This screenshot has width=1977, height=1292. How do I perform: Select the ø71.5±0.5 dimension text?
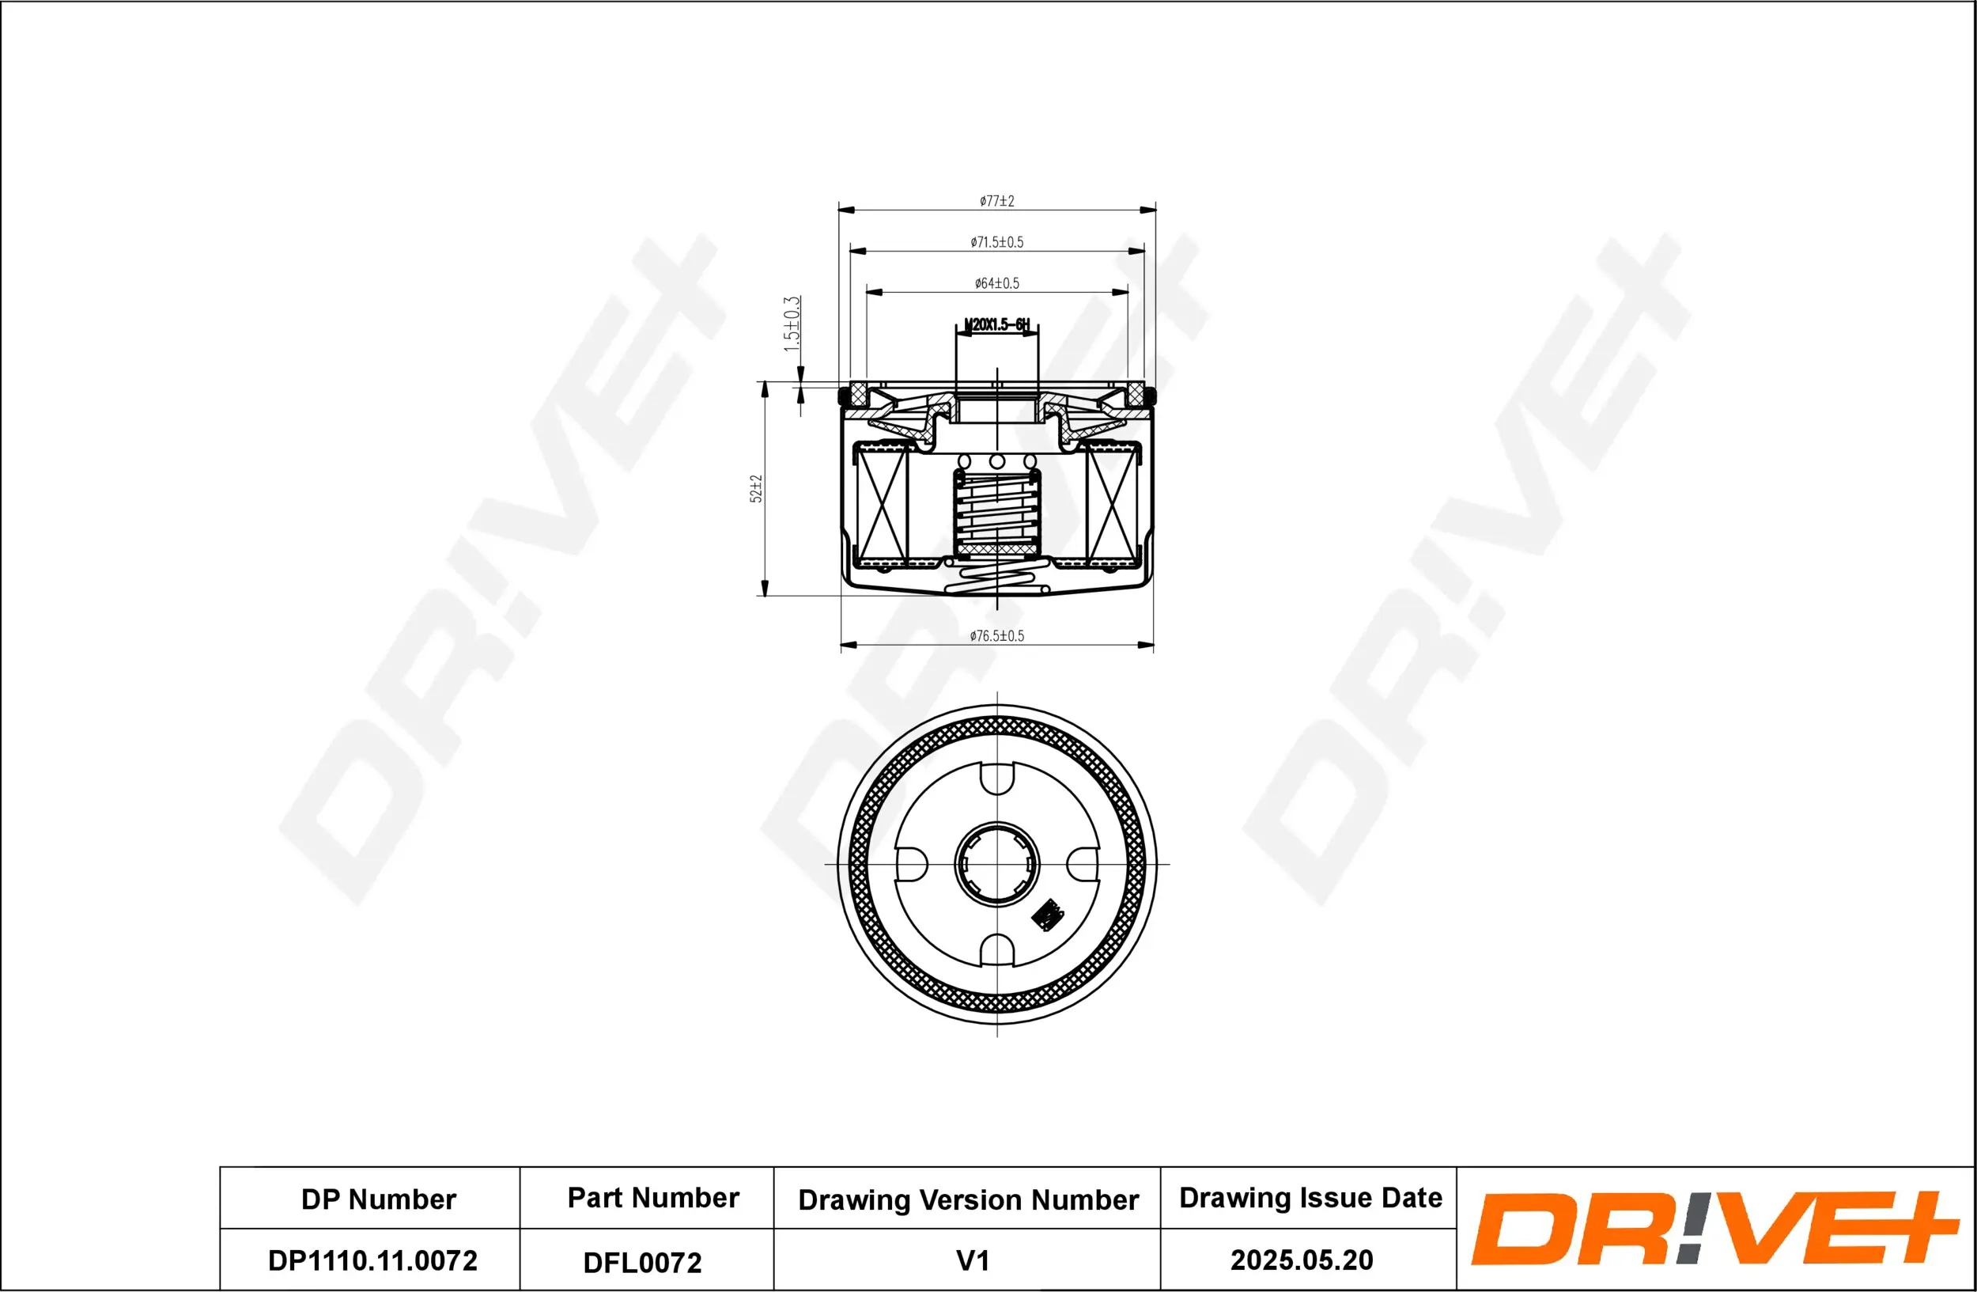(x=997, y=243)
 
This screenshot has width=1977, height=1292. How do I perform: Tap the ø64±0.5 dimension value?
(x=997, y=283)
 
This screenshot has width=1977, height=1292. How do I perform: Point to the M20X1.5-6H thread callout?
(x=997, y=325)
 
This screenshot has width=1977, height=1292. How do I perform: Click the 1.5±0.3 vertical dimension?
(x=792, y=324)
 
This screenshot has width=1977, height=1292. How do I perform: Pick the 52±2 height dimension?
(x=756, y=488)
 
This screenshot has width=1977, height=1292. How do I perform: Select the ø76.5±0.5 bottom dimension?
(x=997, y=636)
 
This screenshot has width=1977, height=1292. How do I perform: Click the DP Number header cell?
(x=378, y=1199)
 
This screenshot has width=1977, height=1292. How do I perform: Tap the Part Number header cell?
(x=653, y=1197)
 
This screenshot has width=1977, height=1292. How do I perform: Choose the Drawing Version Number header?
(x=968, y=1199)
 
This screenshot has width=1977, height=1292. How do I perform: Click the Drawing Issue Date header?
(x=1310, y=1197)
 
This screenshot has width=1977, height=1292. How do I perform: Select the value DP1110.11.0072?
(x=372, y=1260)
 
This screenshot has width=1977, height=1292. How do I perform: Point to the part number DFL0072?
(x=642, y=1263)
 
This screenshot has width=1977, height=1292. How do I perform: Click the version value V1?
(x=973, y=1260)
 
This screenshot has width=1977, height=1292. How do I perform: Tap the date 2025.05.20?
(x=1301, y=1260)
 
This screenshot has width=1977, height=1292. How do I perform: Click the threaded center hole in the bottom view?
(x=997, y=864)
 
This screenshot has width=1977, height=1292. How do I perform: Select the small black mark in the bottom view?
(x=1048, y=915)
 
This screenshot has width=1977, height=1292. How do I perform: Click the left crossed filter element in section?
(x=883, y=505)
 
